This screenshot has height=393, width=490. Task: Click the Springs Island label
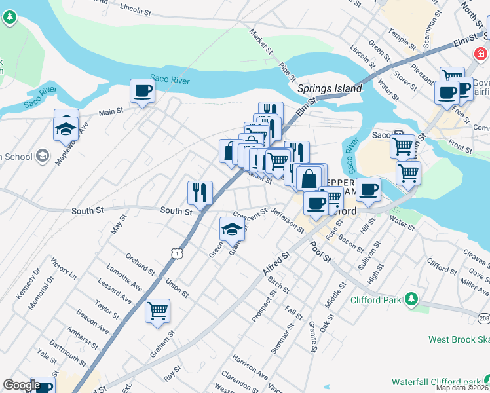pos(330,88)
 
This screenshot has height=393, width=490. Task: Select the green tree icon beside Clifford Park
pos(411,299)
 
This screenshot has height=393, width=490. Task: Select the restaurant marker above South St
pos(200,193)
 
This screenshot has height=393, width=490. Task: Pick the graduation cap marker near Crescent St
pos(232,229)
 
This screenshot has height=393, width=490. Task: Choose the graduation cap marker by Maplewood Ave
pos(66,127)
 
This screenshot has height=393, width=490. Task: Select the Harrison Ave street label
pos(250,367)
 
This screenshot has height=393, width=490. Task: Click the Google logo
pos(22,386)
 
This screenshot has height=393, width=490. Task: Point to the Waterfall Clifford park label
pos(435,381)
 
